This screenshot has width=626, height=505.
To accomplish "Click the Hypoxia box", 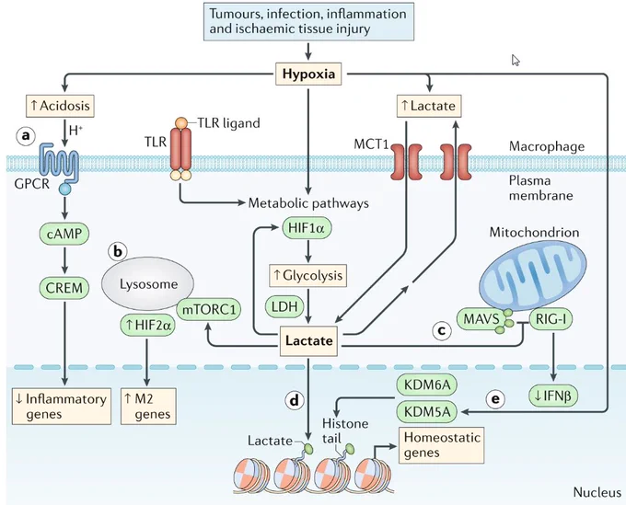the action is point(308,74).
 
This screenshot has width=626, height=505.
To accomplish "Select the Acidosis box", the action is point(60,106).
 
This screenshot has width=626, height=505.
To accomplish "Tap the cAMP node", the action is point(64,234).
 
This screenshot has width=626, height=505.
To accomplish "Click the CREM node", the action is point(64,288).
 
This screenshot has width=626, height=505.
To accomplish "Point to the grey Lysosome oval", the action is point(148,283).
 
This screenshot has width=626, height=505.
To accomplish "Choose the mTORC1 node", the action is point(209,309).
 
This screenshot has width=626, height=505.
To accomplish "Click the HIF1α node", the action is point(307,228).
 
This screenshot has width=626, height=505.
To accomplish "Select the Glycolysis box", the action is point(308,275).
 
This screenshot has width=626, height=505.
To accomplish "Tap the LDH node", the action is point(284,306).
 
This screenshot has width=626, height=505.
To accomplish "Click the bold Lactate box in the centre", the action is point(309,340).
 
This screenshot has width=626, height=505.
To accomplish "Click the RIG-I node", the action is point(551,318).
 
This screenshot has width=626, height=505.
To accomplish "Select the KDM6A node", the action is point(427,384).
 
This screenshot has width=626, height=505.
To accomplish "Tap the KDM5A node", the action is point(427,412).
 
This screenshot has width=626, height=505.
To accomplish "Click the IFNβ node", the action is point(553,396).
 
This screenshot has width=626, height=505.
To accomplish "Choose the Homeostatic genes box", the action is point(442,445).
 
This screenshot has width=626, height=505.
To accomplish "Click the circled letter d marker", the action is point(295,400).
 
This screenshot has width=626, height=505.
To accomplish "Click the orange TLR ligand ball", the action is point(180,122).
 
